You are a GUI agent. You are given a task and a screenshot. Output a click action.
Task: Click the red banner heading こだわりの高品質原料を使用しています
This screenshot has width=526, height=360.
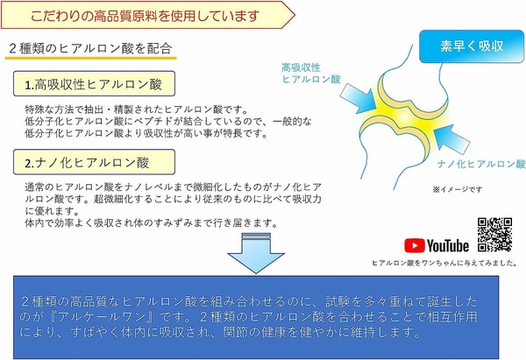(x=145, y=16)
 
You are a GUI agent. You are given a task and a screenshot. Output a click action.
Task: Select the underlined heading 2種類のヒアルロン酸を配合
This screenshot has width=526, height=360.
(x=90, y=48)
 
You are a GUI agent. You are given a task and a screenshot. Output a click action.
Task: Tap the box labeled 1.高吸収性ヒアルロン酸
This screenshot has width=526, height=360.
(x=94, y=84)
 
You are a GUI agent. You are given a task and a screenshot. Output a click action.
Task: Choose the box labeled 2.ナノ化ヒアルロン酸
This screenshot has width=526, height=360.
(x=94, y=162)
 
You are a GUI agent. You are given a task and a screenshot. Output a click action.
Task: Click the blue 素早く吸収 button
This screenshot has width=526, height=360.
(x=472, y=46)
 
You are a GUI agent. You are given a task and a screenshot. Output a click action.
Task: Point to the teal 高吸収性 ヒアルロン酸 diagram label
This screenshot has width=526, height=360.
(x=311, y=74)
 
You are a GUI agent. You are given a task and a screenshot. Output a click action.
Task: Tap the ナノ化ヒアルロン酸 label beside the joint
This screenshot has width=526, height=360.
(x=481, y=164)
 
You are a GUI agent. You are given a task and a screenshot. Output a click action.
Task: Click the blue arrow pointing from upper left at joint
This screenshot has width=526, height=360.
(x=359, y=97)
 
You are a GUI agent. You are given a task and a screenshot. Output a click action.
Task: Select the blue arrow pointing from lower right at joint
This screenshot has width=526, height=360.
(x=451, y=138)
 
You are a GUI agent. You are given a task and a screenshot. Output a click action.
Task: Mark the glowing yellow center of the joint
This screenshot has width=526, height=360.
(x=405, y=116)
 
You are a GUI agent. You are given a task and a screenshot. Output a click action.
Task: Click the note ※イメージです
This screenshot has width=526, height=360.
(x=458, y=189)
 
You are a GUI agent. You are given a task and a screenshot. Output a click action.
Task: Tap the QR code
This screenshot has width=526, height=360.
(x=494, y=235)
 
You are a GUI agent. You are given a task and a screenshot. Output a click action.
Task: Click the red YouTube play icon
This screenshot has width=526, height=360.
(x=415, y=246)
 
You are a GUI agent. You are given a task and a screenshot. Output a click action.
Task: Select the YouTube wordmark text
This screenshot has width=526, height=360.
(x=447, y=246)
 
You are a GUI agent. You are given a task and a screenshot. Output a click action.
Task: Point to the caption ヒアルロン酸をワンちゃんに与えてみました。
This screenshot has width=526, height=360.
(x=444, y=263)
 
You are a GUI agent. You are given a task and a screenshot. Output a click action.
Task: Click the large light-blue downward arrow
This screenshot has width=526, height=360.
(x=256, y=253)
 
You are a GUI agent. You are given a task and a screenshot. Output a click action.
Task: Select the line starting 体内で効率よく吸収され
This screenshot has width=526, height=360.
(x=152, y=222)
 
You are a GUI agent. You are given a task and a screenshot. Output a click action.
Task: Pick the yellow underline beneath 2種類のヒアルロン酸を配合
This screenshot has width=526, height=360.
(x=90, y=59)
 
